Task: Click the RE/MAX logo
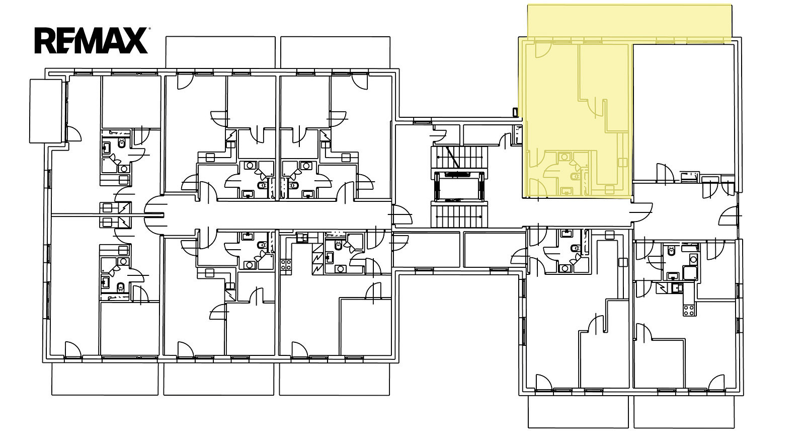click(92, 40)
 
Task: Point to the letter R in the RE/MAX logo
click(45, 41)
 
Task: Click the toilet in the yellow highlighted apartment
click(576, 177)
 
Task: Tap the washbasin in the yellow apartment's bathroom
click(565, 191)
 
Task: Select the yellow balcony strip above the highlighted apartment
click(629, 22)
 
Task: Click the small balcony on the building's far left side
click(46, 111)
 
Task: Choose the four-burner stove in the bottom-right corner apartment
click(689, 310)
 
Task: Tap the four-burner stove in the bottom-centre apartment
click(286, 265)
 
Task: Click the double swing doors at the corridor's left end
click(155, 215)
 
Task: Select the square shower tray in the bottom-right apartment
click(690, 273)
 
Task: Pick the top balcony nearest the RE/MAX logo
click(220, 52)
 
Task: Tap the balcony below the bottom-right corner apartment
click(684, 412)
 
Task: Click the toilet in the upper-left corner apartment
click(122, 143)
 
